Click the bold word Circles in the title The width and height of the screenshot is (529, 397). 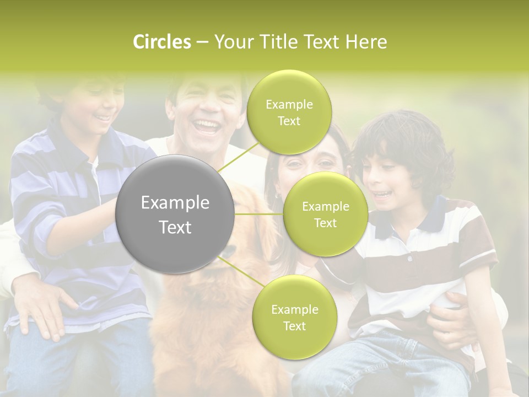(162, 42)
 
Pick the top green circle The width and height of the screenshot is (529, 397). (289, 112)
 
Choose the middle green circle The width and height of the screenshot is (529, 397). (325, 214)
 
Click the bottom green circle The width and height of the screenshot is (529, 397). (294, 317)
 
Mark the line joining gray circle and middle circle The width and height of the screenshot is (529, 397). (258, 214)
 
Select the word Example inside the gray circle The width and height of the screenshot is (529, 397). (175, 203)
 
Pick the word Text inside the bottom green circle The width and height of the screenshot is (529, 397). (294, 326)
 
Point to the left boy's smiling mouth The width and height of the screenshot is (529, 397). (102, 117)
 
